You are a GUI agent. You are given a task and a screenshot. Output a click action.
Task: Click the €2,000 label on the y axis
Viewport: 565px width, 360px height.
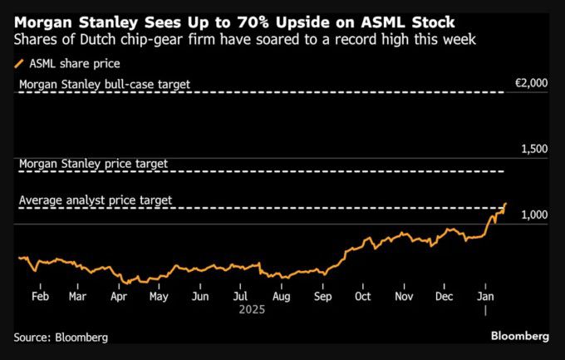click(x=532, y=83)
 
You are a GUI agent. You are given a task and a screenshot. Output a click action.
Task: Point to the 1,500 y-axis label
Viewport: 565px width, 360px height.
click(x=533, y=149)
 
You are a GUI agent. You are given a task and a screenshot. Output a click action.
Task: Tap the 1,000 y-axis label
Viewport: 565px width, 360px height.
click(x=533, y=215)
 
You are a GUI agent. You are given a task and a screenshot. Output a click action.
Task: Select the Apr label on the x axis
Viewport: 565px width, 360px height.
click(x=118, y=296)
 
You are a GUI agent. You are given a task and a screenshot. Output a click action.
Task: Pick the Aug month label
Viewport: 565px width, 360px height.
click(x=282, y=296)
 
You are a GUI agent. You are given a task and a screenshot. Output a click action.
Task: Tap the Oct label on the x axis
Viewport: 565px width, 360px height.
click(x=362, y=296)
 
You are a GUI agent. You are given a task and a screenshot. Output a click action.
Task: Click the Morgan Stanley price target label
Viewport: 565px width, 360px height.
click(x=93, y=164)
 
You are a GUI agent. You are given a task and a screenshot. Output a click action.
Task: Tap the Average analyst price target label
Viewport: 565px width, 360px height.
click(x=101, y=200)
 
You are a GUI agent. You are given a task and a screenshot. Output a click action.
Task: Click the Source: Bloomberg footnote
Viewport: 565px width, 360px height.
click(x=61, y=338)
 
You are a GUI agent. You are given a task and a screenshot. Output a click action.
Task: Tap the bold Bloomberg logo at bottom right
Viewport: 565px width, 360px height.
click(x=519, y=337)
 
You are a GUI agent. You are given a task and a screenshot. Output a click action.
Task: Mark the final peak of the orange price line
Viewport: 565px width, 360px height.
click(x=505, y=203)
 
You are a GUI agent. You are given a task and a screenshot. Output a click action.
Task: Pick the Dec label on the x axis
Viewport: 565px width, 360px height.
click(x=444, y=296)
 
